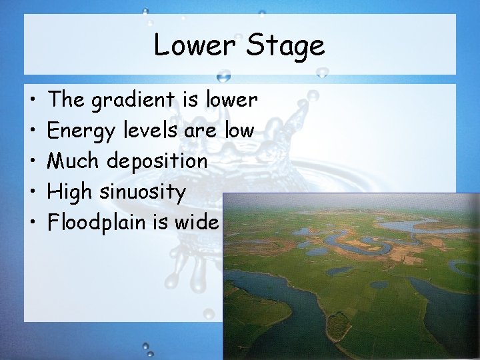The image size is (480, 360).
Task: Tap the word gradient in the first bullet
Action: [132, 101]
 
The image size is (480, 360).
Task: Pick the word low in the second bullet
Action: [239, 130]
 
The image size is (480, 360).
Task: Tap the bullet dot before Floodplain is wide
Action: [33, 223]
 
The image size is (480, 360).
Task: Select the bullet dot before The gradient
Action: [33, 101]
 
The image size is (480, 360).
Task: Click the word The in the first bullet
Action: [65, 100]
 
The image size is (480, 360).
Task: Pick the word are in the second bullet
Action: [200, 131]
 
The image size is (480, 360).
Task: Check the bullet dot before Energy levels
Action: [33, 131]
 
